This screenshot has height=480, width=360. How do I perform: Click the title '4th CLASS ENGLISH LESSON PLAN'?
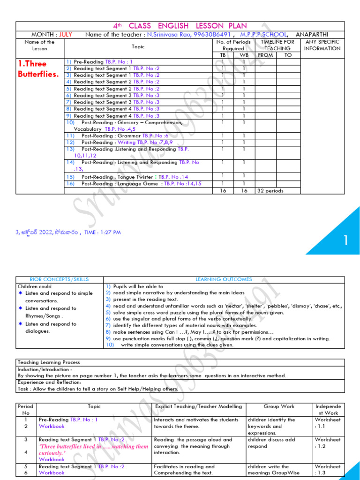coord(180,26)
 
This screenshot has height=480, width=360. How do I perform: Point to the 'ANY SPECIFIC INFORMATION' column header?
coord(322,45)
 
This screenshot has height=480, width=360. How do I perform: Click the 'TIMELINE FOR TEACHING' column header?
coord(277,45)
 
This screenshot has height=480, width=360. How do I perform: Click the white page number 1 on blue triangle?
coord(345,240)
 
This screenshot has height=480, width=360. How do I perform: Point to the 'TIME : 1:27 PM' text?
coord(102,232)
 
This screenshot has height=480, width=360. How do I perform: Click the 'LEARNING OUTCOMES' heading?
coord(223,279)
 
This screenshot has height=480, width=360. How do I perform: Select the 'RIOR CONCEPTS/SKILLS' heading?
coord(59,279)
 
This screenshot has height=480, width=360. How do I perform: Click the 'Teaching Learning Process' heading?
coord(49,362)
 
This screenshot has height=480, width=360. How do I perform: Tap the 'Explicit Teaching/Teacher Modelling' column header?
coord(198,406)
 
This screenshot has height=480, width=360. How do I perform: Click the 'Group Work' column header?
coord(278,406)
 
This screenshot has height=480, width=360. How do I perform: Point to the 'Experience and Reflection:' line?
coord(49,382)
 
